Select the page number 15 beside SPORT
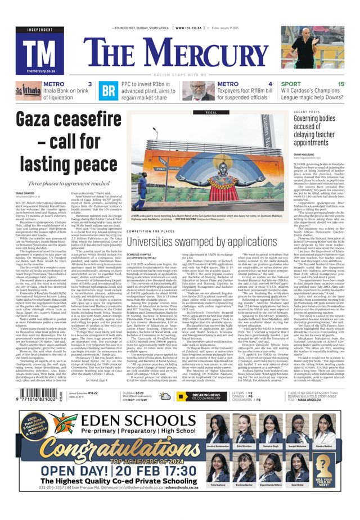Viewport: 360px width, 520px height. tap(341, 84)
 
